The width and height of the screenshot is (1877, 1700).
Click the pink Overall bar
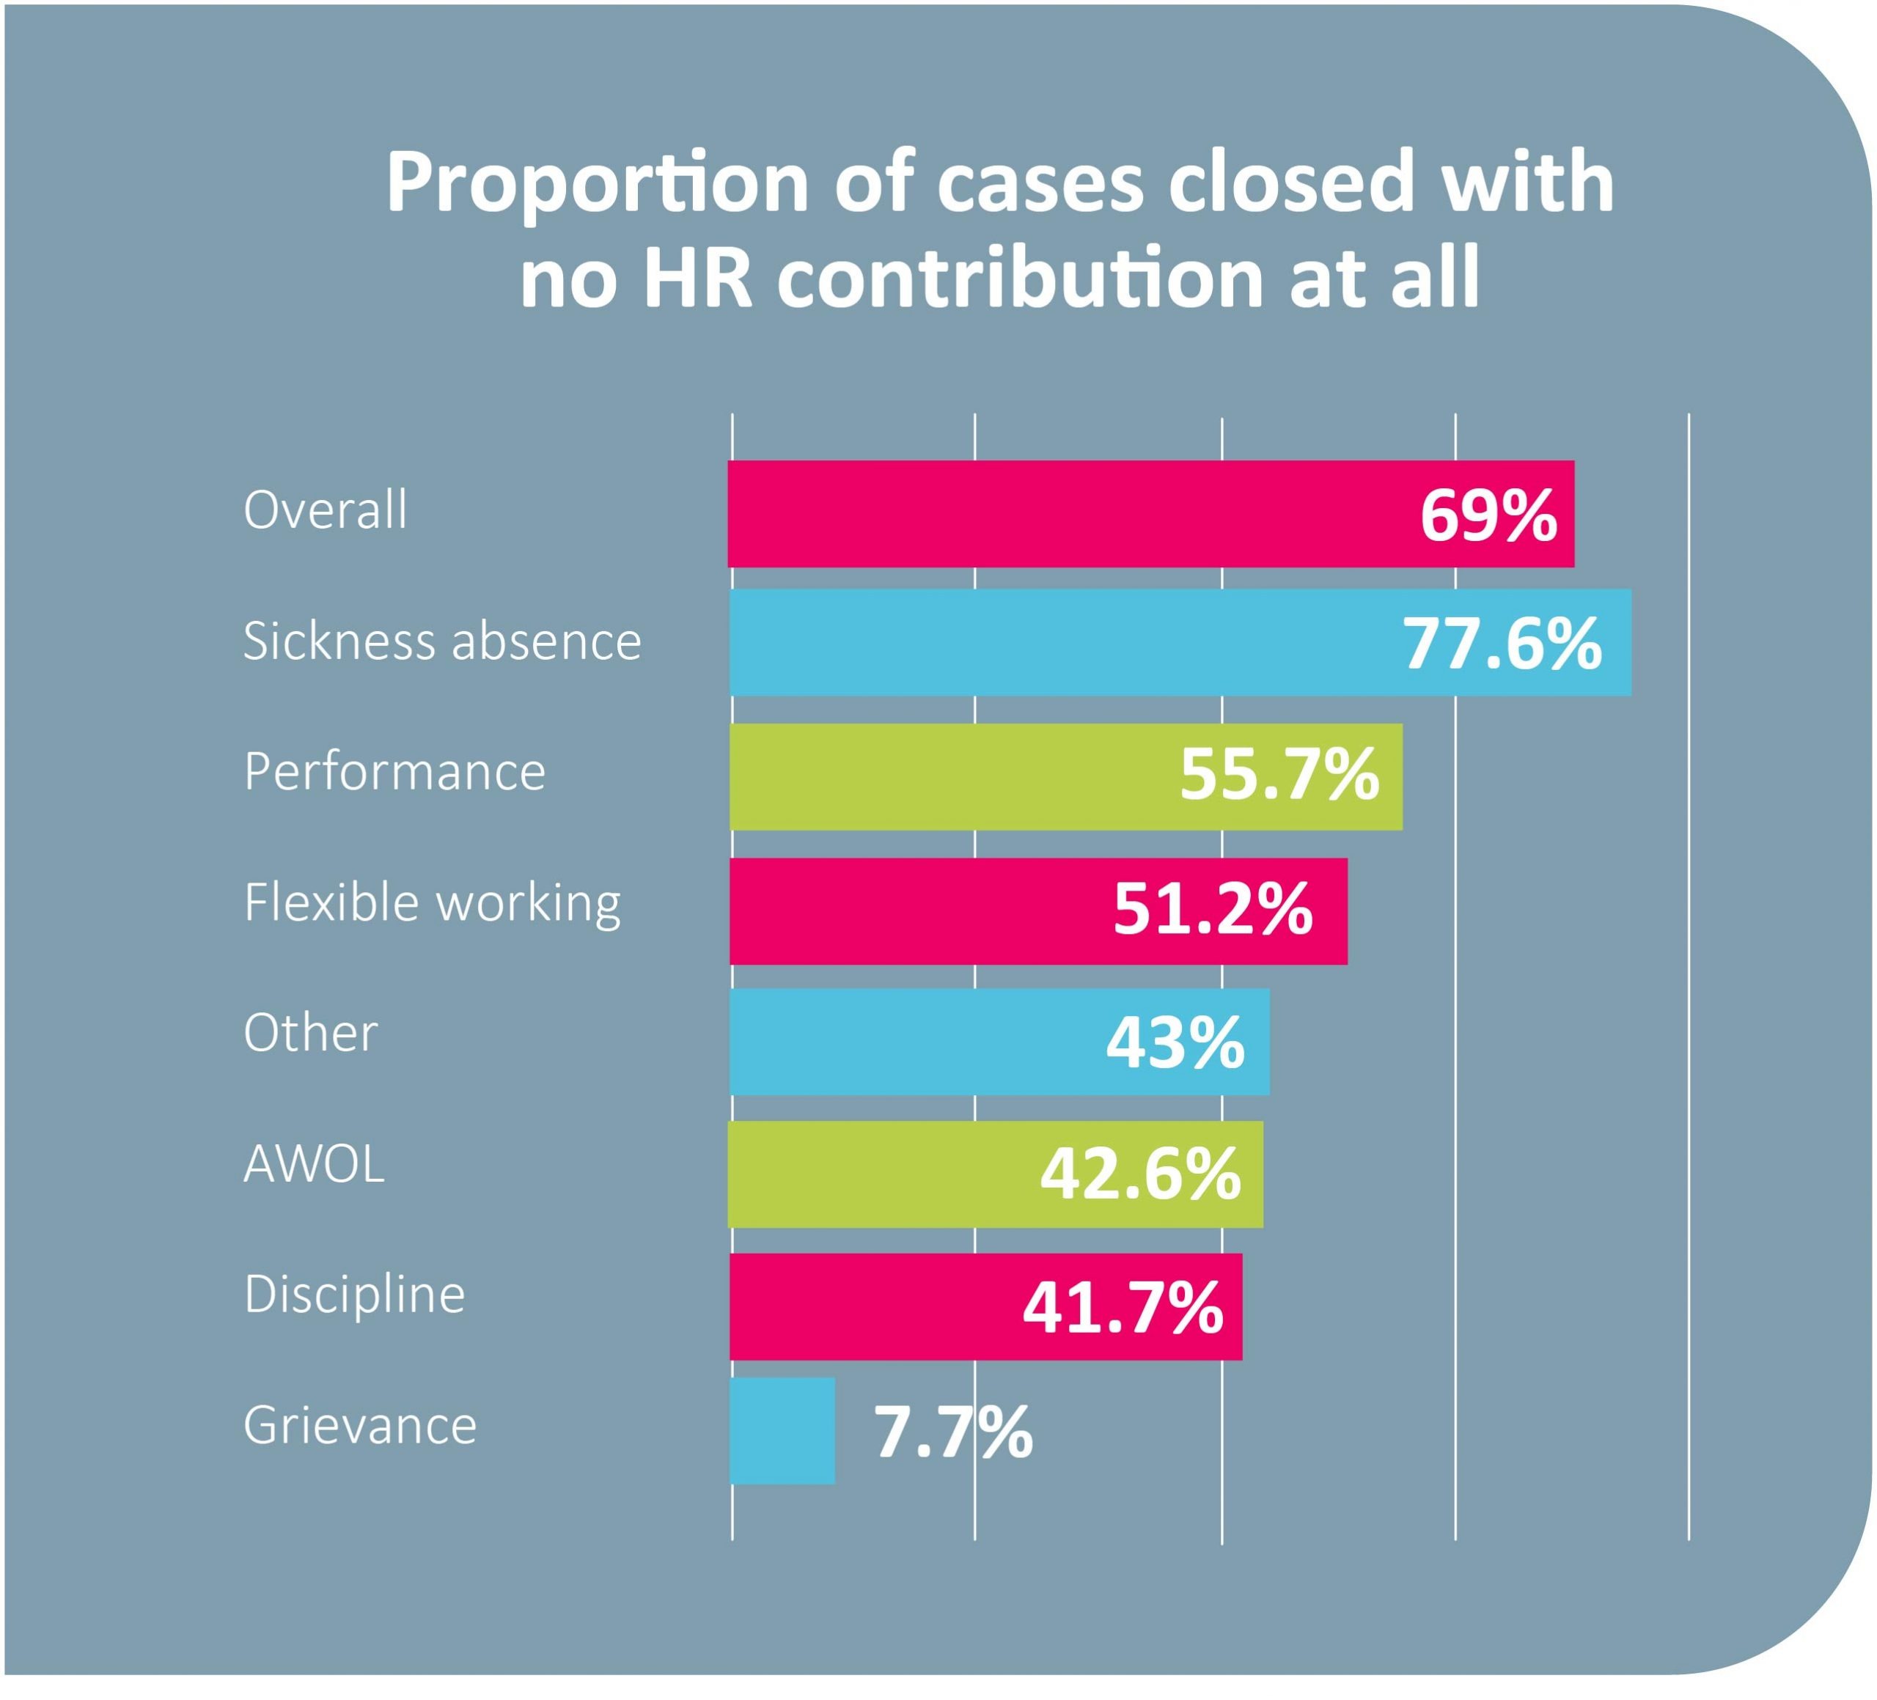pyautogui.click(x=1070, y=514)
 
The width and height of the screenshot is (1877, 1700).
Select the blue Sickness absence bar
pyautogui.click(x=1062, y=642)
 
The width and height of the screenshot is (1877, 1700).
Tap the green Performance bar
pyautogui.click(x=949, y=776)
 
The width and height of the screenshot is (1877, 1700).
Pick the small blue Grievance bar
pyautogui.click(x=782, y=1431)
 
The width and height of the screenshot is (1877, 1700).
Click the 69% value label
pyautogui.click(x=1488, y=515)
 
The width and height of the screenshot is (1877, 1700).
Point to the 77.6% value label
pyautogui.click(x=1502, y=644)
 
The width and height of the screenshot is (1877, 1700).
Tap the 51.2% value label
pyautogui.click(x=1212, y=910)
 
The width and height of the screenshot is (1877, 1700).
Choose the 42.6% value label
pyautogui.click(x=1141, y=1174)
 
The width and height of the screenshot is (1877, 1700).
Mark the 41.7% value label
pyautogui.click(x=1123, y=1307)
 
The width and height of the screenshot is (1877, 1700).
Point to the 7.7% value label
pyautogui.click(x=952, y=1432)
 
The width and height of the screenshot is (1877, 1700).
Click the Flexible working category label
pyautogui.click(x=432, y=903)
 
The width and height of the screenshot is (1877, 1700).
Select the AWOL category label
pyautogui.click(x=314, y=1163)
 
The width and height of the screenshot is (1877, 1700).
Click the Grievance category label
pyautogui.click(x=360, y=1425)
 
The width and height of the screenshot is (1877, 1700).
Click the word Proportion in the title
pyautogui.click(x=597, y=183)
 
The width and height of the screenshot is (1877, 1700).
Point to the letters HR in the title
pyautogui.click(x=698, y=279)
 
